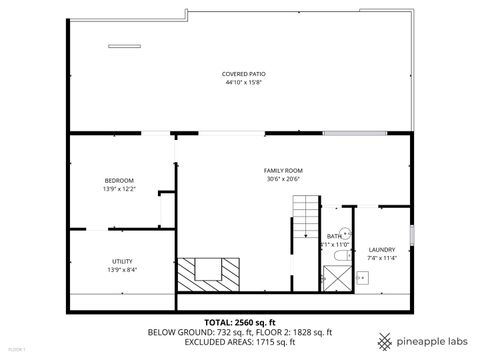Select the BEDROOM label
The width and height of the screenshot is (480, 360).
click(x=119, y=180)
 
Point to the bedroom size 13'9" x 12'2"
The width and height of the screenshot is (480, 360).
click(x=119, y=188)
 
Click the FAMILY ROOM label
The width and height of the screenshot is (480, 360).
click(x=283, y=171)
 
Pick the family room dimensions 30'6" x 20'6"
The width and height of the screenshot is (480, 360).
click(x=283, y=179)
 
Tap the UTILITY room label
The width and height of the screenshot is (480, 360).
click(x=122, y=261)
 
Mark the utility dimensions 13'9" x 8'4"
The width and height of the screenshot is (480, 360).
click(x=122, y=269)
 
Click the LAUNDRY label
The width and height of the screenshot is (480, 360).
click(x=381, y=249)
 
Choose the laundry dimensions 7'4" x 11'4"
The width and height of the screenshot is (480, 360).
click(x=381, y=258)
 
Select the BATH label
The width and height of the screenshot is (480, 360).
click(x=332, y=236)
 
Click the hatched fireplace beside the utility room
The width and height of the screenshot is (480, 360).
click(x=209, y=271)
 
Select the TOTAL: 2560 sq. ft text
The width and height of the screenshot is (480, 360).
click(x=239, y=321)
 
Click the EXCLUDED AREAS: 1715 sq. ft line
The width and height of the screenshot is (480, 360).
click(x=239, y=342)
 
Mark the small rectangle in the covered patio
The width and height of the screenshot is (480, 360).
click(x=125, y=44)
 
